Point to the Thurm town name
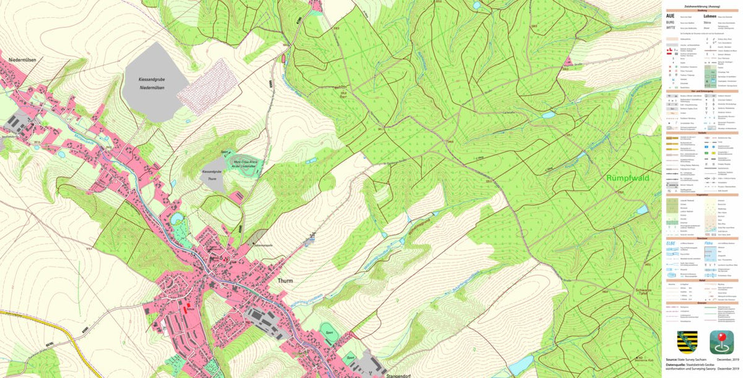tap(285, 280)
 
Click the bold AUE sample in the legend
tap(671, 15)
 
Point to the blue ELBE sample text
tap(671, 244)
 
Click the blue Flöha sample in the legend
tap(708, 244)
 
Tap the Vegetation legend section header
tap(702, 195)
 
